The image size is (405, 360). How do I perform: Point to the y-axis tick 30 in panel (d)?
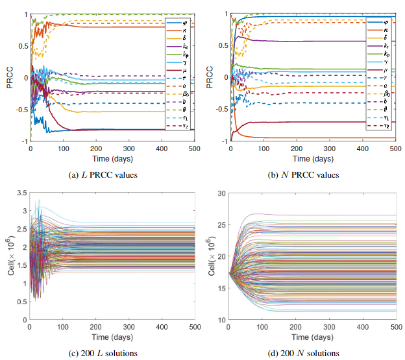pos(220,193)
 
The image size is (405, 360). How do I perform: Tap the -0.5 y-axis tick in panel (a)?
pos(19,109)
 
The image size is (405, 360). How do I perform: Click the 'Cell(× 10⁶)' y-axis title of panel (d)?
pos(209,256)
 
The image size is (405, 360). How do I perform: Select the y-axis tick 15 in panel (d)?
pos(220,287)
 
